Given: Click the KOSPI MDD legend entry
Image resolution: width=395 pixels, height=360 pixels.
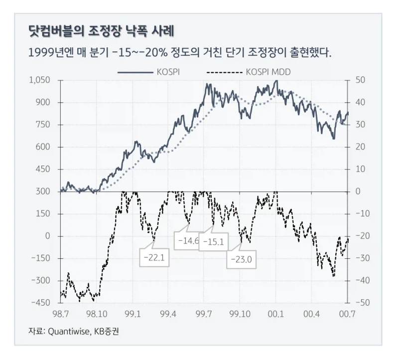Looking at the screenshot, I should click(x=268, y=72).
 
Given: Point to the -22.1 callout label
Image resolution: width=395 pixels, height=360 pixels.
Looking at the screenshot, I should click(x=153, y=258).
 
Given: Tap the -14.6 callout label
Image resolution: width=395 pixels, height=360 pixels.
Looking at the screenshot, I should click(x=188, y=241).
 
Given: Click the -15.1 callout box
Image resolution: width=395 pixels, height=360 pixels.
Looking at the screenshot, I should click(x=214, y=242).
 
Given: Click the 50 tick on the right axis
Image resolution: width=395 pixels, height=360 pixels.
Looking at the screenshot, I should click(x=360, y=80).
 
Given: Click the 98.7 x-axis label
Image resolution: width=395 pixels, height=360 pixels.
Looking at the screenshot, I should click(x=60, y=314).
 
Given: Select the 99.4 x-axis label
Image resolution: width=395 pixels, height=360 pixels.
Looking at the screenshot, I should click(x=168, y=314).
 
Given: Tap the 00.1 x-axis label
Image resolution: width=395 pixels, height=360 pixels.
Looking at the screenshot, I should click(x=275, y=314).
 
